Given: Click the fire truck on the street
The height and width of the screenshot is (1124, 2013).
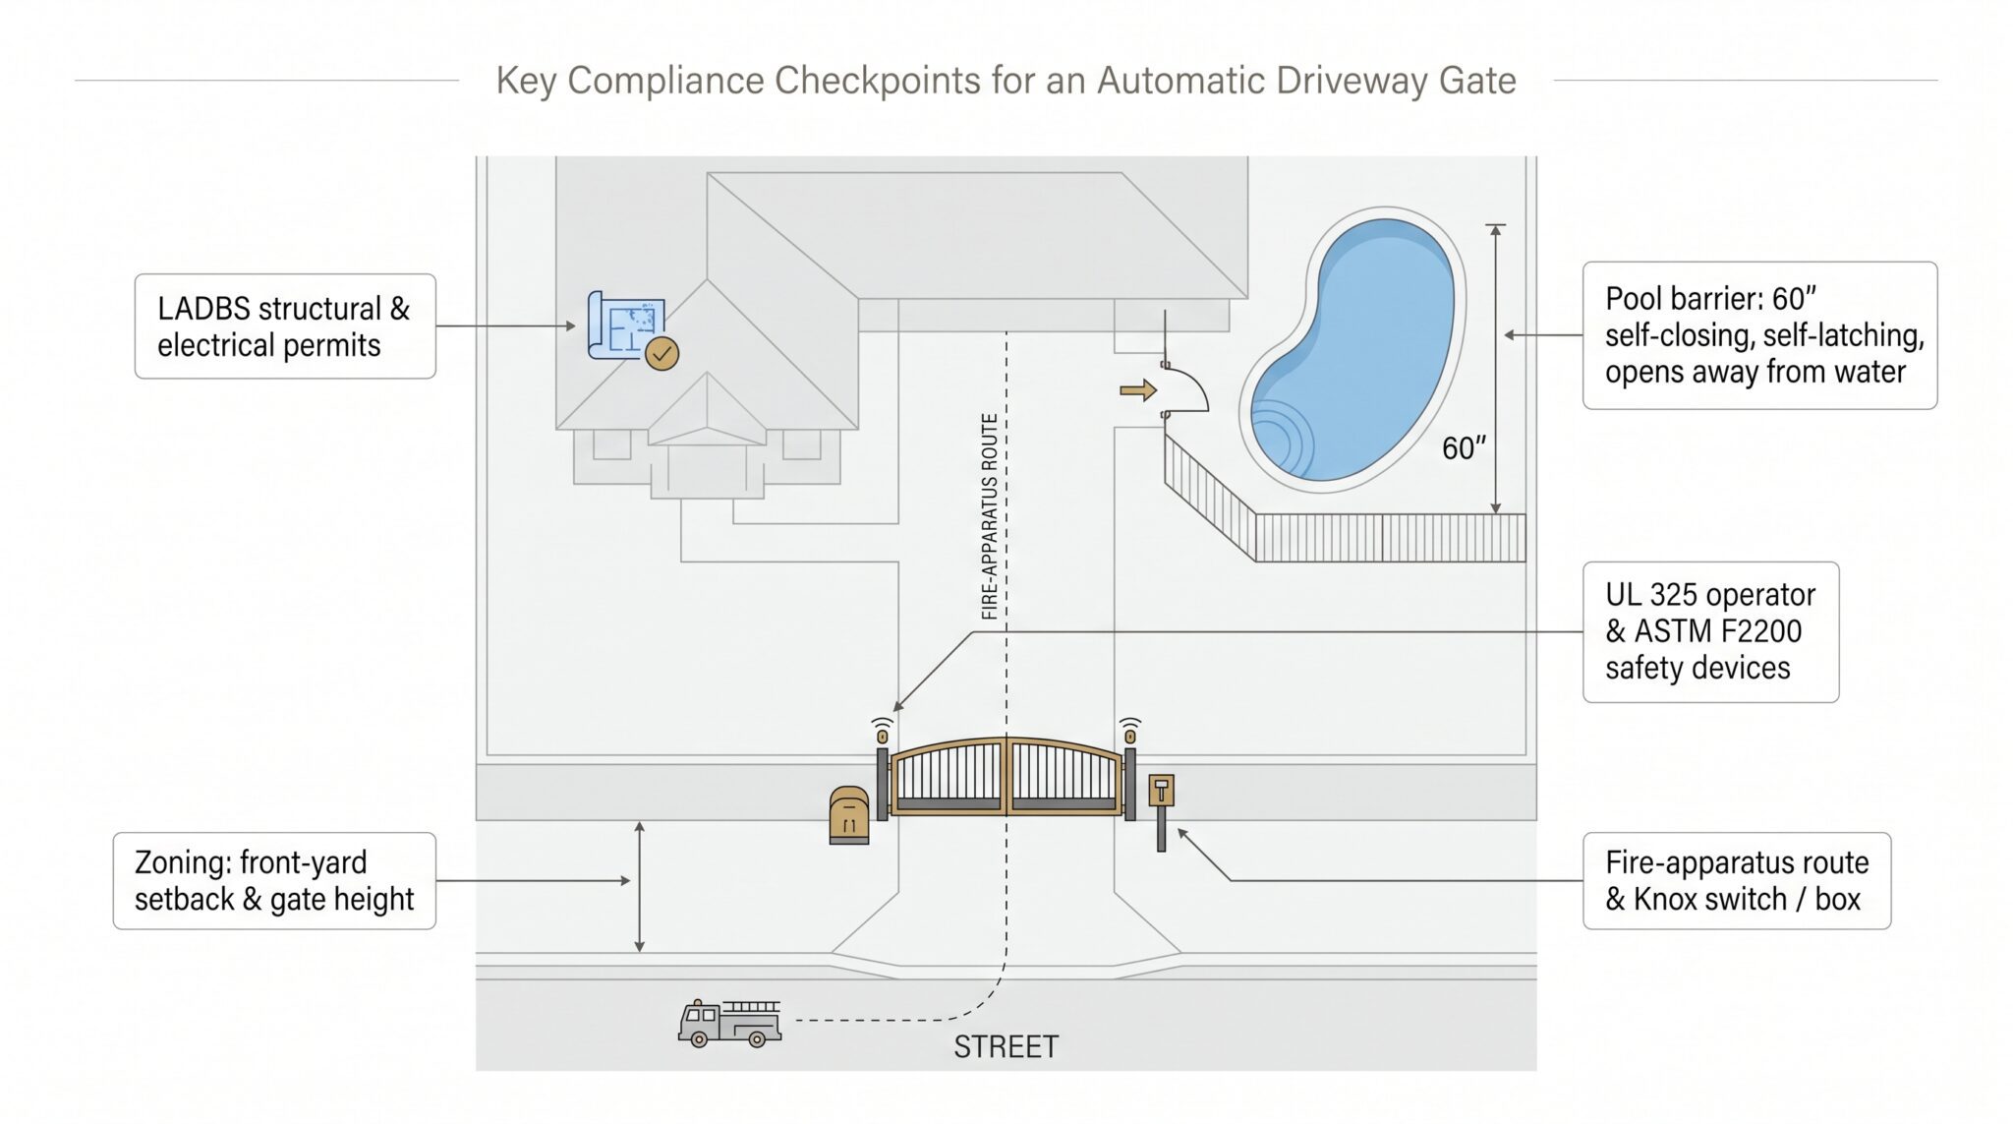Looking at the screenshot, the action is tap(729, 1024).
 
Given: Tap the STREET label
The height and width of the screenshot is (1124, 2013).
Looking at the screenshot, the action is tap(1006, 1047).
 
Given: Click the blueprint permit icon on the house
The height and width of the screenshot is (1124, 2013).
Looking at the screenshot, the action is tap(626, 325).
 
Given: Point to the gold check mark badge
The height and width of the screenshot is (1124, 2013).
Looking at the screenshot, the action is tap(661, 353).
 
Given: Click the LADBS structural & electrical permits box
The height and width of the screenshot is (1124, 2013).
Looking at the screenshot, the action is tap(285, 326).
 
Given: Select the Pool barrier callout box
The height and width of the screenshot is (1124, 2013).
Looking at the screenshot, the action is tap(1759, 335).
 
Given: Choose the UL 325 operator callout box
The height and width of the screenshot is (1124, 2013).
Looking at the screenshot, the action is tap(1710, 632).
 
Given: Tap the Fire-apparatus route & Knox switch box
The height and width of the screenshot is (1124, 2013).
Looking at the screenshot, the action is tap(1737, 881).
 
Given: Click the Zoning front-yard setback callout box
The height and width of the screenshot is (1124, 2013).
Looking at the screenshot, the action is tap(274, 881).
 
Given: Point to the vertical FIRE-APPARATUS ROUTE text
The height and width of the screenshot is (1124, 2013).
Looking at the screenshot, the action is tap(990, 516).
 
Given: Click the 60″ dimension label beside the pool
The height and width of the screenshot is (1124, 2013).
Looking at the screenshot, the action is tap(1464, 448).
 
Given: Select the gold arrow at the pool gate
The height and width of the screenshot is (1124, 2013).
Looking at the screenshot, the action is tap(1138, 391).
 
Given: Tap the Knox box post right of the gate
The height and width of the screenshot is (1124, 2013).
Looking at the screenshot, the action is tap(1161, 812).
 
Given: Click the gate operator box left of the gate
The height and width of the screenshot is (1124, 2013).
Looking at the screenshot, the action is tap(849, 815).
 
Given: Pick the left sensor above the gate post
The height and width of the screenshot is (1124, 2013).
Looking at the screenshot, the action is tap(882, 731).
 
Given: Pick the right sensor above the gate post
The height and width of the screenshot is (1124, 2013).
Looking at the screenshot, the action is tap(1130, 731).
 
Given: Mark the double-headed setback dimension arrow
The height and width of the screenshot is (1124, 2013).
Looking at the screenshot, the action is tap(639, 887).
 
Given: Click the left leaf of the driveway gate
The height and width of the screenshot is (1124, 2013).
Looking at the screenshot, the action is tap(949, 777).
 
